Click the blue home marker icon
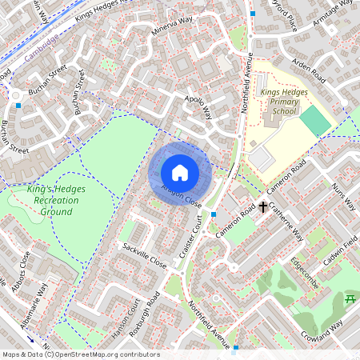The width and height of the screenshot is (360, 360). click(x=180, y=172)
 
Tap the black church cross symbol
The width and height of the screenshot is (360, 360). click(x=262, y=208)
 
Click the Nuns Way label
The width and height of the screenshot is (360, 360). click(x=346, y=195)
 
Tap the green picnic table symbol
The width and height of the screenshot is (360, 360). click(x=349, y=299)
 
